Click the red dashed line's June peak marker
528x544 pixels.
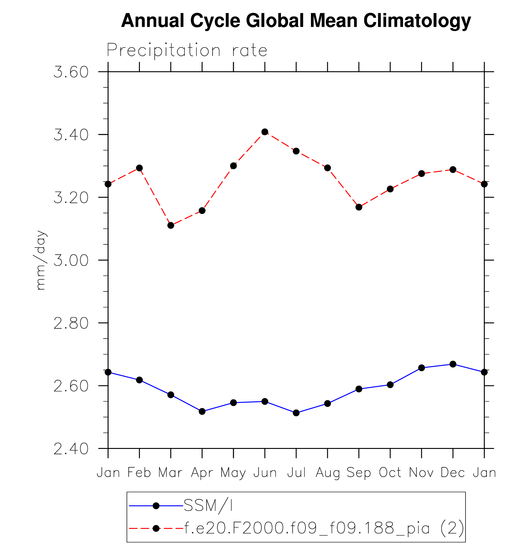(x=265, y=132)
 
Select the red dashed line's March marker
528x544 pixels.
(x=171, y=225)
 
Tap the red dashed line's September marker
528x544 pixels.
(x=359, y=207)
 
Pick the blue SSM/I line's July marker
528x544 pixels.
(x=296, y=413)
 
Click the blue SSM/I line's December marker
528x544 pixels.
(x=453, y=364)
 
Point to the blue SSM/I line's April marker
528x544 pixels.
(x=202, y=411)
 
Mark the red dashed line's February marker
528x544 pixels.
(x=139, y=168)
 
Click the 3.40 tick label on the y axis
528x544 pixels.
(x=71, y=135)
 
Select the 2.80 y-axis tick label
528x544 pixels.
(x=71, y=323)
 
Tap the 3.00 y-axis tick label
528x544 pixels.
(x=71, y=260)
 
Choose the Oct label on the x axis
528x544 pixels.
(x=390, y=472)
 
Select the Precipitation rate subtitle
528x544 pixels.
(x=187, y=50)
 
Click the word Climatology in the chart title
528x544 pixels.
(x=417, y=21)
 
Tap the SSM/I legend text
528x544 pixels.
(x=208, y=506)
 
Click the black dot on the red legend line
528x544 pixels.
(x=156, y=529)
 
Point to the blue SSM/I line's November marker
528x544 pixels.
(x=421, y=368)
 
